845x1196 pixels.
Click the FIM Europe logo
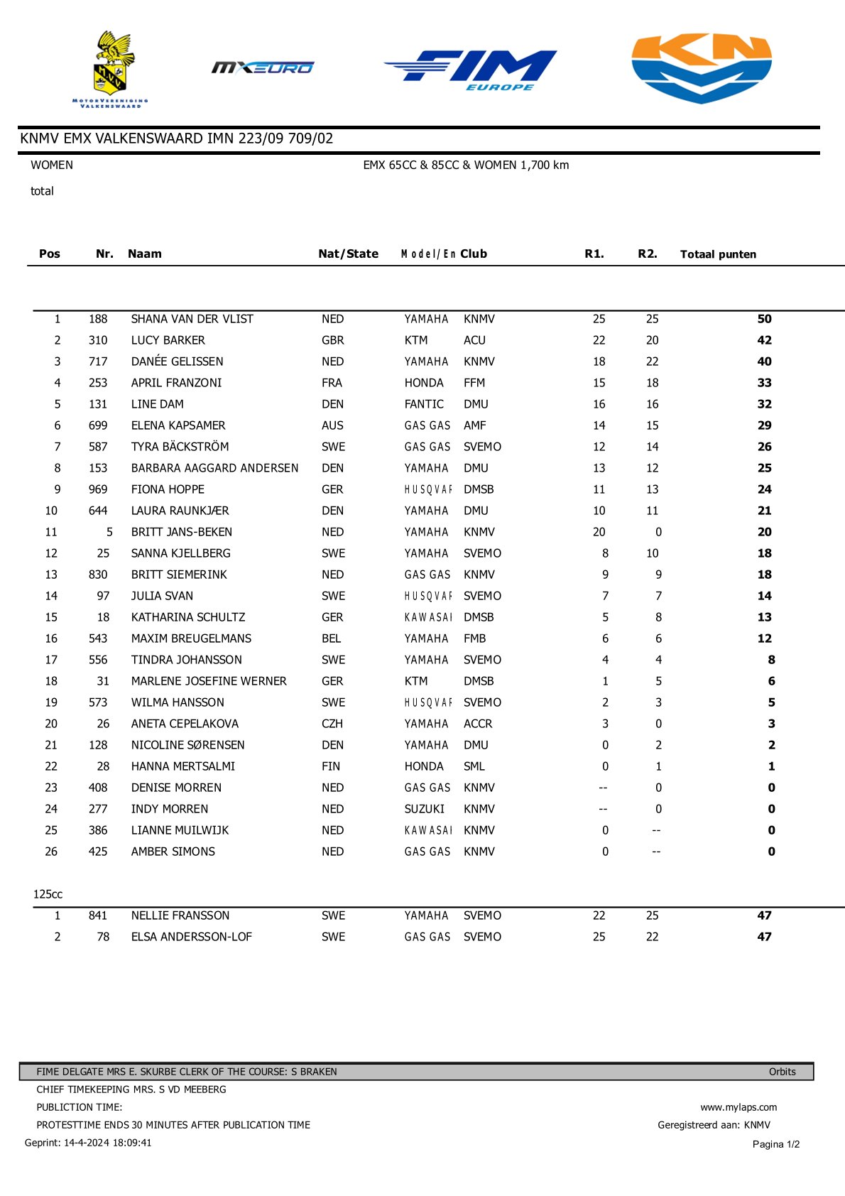pos(471,70)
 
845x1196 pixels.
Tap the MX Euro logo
pos(263,67)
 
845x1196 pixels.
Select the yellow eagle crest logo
pos(111,67)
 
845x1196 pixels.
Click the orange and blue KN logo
pos(701,68)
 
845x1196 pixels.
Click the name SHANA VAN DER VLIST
pos(192,319)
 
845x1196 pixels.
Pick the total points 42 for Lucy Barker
pos(764,340)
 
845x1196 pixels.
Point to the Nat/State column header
pos(348,254)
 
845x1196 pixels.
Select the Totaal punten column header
pos(718,254)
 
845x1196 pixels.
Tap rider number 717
pos(98,361)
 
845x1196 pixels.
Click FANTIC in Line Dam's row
pos(424,404)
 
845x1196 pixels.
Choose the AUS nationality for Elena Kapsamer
pos(332,425)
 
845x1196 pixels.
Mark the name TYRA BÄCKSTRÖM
pos(180,447)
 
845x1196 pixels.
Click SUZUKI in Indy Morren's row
pos(425,809)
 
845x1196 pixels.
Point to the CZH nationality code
pos(332,724)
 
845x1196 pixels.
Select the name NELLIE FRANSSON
pos(180,915)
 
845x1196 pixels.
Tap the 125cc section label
pos(48,894)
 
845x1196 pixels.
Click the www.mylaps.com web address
pos(738,1107)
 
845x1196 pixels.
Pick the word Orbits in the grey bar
pos(782,1072)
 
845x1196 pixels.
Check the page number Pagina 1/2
pos(776,1144)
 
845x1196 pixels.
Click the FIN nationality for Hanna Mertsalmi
pos(331,766)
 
